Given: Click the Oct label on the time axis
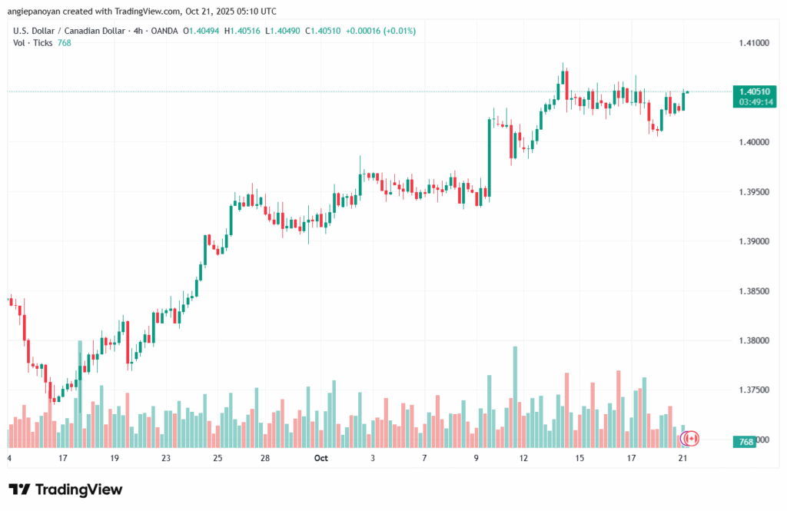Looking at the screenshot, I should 320,458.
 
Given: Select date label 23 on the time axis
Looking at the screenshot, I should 166,458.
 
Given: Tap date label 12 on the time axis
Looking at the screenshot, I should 524,458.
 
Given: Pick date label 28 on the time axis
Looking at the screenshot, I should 264,458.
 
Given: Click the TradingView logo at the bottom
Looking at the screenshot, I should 65,489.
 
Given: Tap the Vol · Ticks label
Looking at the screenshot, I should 32,43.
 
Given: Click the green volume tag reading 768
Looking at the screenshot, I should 745,442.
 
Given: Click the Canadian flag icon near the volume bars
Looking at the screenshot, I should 691,438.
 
